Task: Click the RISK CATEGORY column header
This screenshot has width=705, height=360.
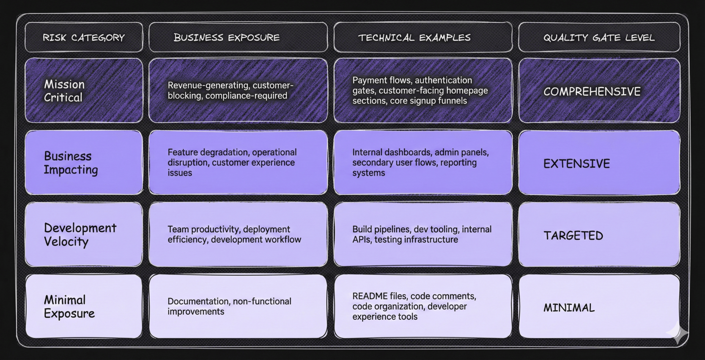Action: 84,37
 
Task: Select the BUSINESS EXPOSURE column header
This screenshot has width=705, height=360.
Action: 227,37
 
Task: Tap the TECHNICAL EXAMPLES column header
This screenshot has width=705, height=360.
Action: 414,37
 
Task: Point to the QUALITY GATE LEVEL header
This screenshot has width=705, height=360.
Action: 599,37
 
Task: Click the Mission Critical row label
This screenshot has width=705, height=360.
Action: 64,91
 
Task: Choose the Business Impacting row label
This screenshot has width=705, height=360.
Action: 71,163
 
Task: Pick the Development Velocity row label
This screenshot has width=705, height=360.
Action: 80,234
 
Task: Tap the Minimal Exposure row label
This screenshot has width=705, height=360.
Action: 69,306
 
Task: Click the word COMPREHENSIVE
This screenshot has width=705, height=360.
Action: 592,91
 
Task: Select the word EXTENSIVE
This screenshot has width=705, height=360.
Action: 576,163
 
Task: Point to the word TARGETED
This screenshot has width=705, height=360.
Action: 573,235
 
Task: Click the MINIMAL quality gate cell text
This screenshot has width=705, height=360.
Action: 569,308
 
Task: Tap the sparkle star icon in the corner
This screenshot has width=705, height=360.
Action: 678,332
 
